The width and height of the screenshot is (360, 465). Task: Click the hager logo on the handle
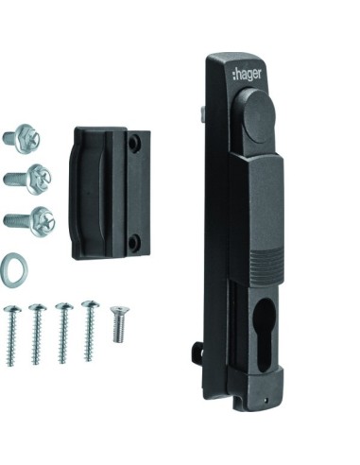[x=247, y=75]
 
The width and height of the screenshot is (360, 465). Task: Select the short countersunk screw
[x=119, y=323]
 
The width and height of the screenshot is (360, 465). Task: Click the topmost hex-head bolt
[x=23, y=138]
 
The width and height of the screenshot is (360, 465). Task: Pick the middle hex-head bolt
[x=28, y=180]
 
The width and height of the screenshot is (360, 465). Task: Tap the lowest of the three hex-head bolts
[x=30, y=221]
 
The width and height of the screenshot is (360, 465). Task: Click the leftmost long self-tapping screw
[x=11, y=336]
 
